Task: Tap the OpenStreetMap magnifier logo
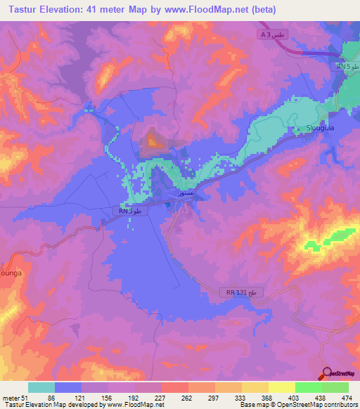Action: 327,373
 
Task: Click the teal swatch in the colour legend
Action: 41,387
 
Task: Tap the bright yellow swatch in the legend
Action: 281,387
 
